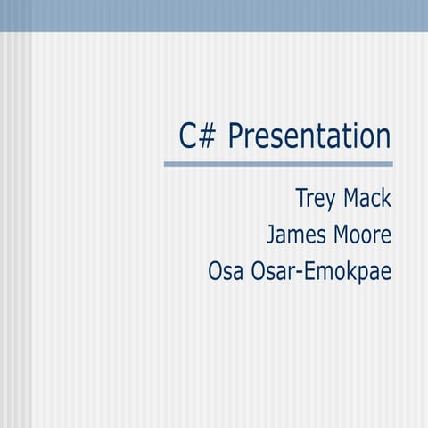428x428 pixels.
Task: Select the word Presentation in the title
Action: point(309,136)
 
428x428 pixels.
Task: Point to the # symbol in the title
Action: point(209,136)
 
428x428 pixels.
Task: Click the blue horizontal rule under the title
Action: point(278,164)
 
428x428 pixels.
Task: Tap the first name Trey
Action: point(317,199)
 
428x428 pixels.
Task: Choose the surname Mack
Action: point(368,198)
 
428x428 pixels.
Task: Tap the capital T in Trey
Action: point(301,198)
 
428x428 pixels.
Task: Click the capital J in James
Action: point(271,235)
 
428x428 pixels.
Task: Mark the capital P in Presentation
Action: point(236,136)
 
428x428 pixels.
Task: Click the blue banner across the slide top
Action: point(214,15)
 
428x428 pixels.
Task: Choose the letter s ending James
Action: point(325,236)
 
